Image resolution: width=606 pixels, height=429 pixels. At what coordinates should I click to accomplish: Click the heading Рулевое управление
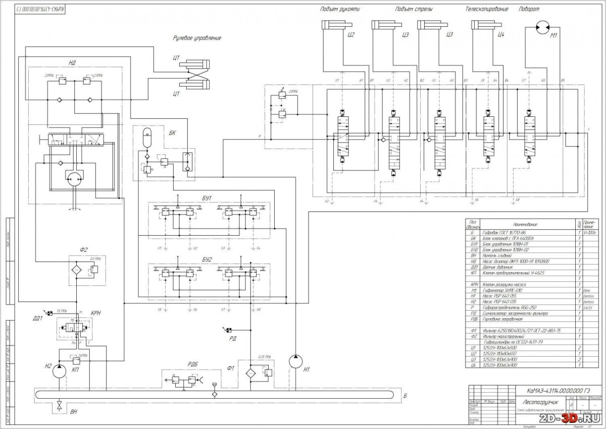click(197, 38)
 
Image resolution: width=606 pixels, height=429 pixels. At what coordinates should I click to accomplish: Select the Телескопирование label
click(487, 10)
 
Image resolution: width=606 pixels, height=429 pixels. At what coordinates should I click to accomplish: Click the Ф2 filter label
click(84, 249)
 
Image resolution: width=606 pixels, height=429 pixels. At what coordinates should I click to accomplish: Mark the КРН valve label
click(96, 314)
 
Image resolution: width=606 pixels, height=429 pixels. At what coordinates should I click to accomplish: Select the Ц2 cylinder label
click(352, 35)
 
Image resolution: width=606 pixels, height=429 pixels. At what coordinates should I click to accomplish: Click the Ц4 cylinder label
click(501, 35)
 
